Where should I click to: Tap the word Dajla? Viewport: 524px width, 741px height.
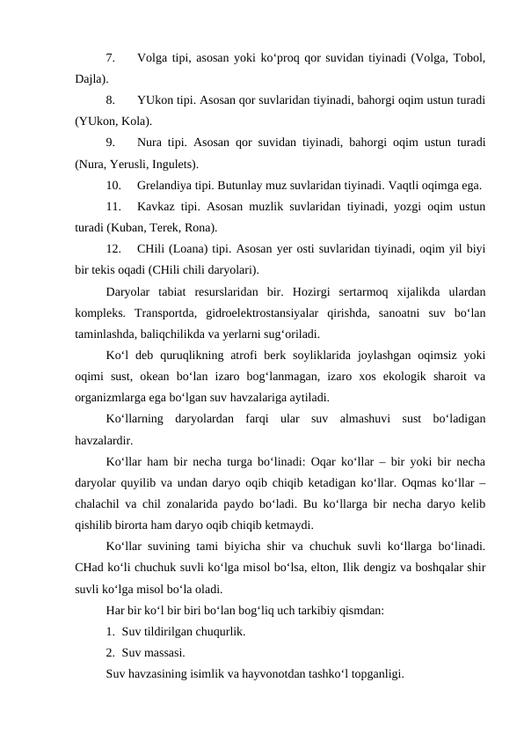pyautogui.click(x=91, y=79)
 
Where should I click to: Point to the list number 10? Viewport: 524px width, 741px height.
pyautogui.click(x=113, y=185)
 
